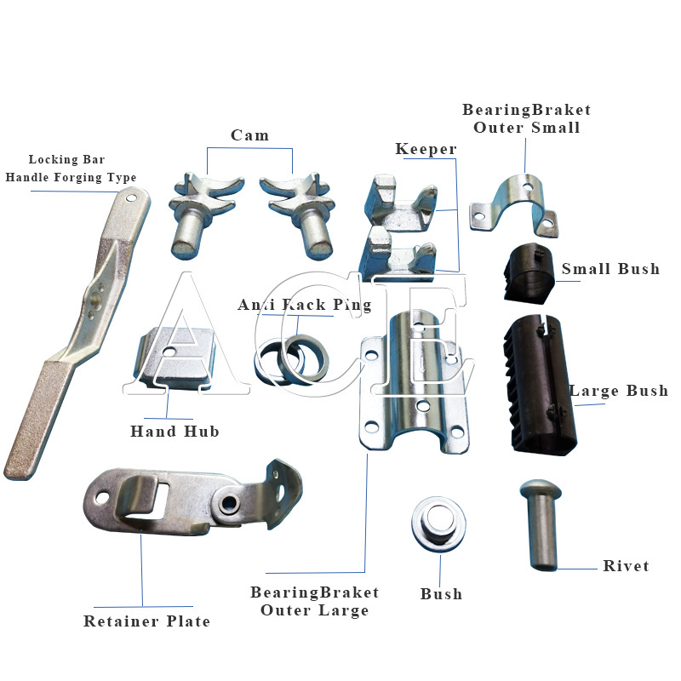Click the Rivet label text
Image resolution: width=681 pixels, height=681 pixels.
click(x=626, y=566)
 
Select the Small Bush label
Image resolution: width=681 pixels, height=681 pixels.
click(x=610, y=269)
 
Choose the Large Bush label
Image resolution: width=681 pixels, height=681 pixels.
click(x=619, y=392)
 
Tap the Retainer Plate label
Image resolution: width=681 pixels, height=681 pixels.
click(x=146, y=621)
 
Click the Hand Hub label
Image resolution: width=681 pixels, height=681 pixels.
click(x=175, y=432)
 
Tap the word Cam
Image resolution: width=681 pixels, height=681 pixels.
click(x=249, y=135)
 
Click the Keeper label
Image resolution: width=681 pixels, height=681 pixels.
click(x=426, y=150)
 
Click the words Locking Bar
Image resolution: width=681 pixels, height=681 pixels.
click(x=67, y=159)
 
